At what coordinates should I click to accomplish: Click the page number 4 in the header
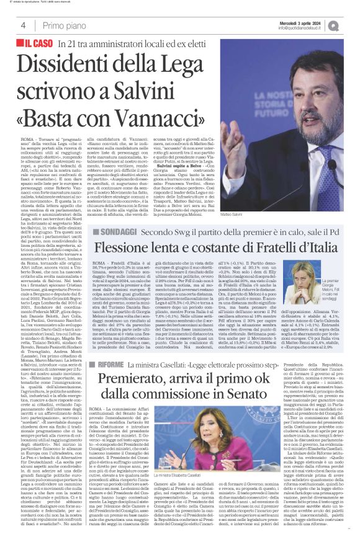point(23,25)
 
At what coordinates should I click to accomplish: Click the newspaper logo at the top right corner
point(351,24)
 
